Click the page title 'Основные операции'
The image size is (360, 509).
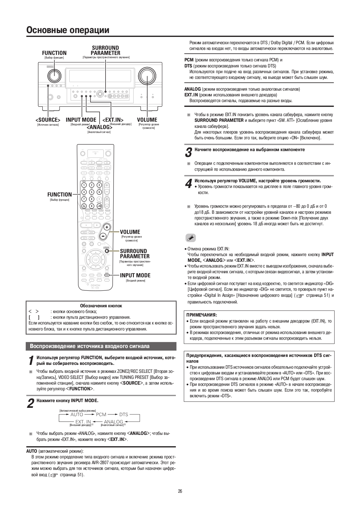coord(68,30)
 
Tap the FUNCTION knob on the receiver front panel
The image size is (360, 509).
coord(54,76)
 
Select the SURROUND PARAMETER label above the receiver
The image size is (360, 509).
coord(105,51)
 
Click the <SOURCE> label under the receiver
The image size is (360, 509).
coord(48,120)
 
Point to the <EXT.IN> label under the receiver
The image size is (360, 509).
coord(113,120)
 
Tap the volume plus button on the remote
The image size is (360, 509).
coord(107,227)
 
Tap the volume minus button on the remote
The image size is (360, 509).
coord(103,236)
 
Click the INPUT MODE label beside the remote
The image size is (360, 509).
coord(135,275)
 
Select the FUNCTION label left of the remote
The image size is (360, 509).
coord(59,194)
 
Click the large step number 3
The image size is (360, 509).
coord(188,152)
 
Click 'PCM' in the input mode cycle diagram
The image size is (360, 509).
coord(101,415)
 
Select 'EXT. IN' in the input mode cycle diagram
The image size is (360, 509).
coord(83,422)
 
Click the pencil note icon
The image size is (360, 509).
coord(190,238)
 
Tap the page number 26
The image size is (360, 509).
coord(180,491)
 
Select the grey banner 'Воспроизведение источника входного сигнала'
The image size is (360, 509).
coord(101,346)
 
